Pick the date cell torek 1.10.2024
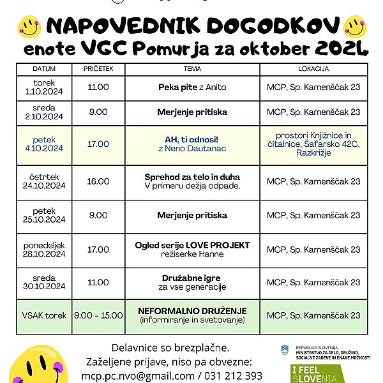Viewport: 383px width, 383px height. [x=44, y=87]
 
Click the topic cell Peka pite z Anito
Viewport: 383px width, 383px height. [x=192, y=87]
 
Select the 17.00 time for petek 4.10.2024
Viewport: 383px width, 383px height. [x=98, y=144]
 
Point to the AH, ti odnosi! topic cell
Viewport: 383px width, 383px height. [x=192, y=144]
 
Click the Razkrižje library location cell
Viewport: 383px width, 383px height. [x=313, y=144]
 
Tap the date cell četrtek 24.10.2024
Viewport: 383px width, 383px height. [x=44, y=181]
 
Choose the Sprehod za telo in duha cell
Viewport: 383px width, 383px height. [x=192, y=181]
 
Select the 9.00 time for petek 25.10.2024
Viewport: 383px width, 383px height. [x=98, y=216]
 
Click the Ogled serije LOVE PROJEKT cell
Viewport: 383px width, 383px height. [x=192, y=250]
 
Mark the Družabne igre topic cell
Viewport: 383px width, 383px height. [x=192, y=283]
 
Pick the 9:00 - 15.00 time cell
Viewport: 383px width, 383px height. [x=98, y=315]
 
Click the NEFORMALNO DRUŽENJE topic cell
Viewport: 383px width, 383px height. [x=192, y=315]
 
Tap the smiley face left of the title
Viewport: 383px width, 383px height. [x=29, y=26]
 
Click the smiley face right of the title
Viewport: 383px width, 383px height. [x=354, y=26]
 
